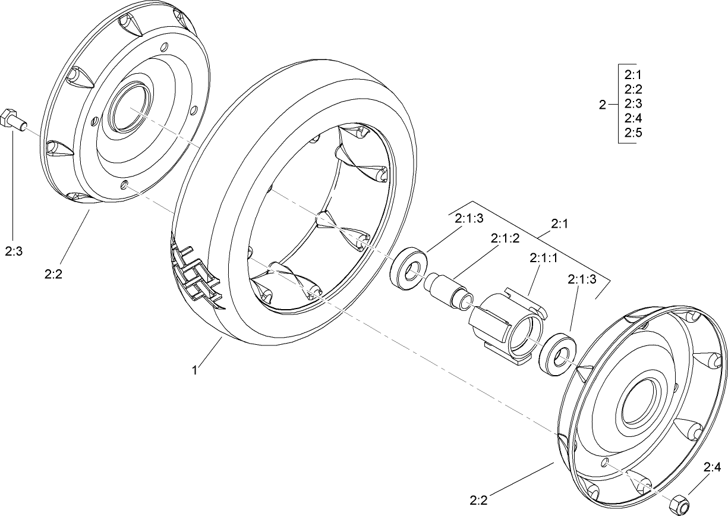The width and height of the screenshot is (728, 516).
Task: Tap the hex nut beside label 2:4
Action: click(x=677, y=504)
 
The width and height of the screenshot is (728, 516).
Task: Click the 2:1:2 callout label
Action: click(x=505, y=238)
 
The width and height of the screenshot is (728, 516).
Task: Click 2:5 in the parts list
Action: click(x=633, y=133)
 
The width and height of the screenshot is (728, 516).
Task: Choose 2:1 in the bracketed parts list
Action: click(x=633, y=75)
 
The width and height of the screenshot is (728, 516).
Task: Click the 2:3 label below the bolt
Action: click(x=14, y=251)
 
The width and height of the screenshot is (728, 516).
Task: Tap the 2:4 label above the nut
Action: click(x=713, y=467)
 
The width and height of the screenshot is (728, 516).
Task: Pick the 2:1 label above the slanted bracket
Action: click(x=560, y=224)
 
